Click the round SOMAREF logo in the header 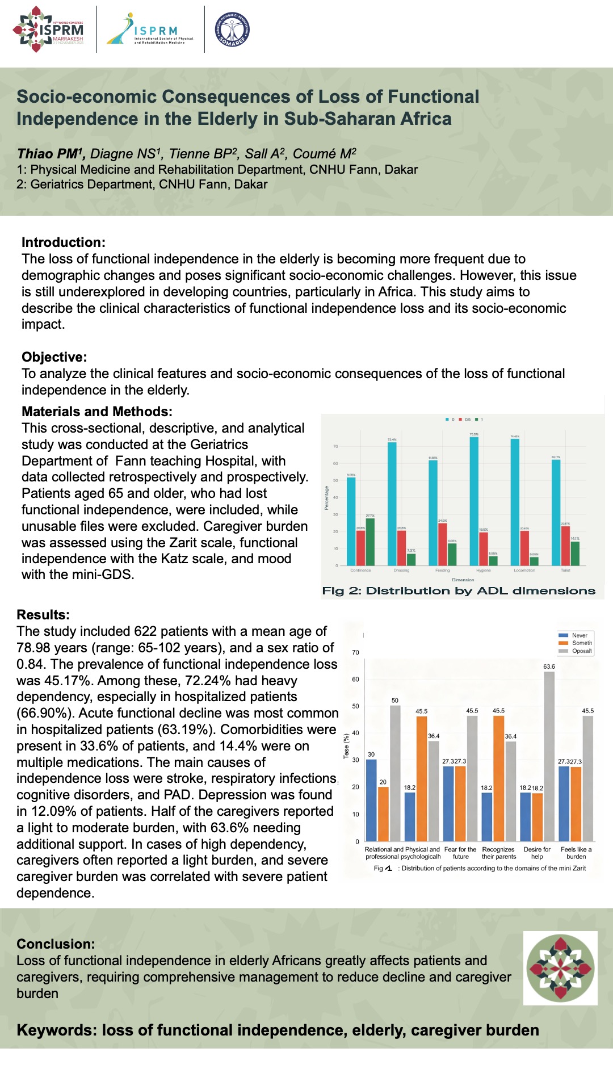point(232,30)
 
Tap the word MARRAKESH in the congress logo point(68,39)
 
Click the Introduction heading point(64,242)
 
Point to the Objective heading point(54,357)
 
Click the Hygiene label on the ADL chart point(484,570)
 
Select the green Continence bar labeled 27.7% point(370,542)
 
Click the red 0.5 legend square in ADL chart point(460,420)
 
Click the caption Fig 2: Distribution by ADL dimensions point(459,591)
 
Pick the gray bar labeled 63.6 point(549,756)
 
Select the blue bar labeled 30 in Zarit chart point(371,800)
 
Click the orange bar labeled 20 point(383,814)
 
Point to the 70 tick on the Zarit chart point(355,652)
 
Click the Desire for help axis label point(537,853)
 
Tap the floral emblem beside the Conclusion point(560,968)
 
